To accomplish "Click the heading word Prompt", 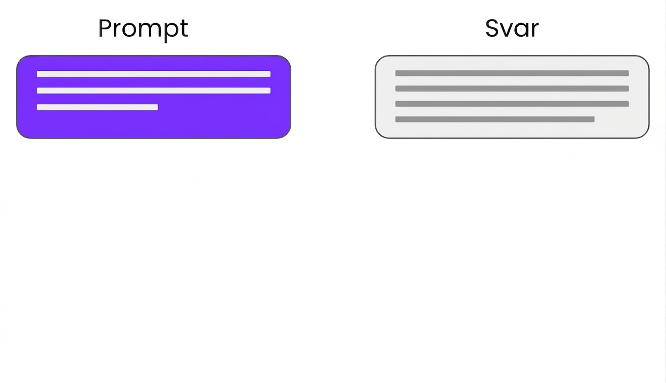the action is pyautogui.click(x=143, y=29).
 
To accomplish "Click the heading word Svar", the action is pyautogui.click(x=512, y=28).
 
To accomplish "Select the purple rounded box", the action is pyautogui.click(x=154, y=97).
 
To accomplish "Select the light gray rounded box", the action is pyautogui.click(x=512, y=97).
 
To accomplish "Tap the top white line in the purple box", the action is pyautogui.click(x=154, y=74).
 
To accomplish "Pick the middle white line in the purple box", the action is pyautogui.click(x=154, y=90).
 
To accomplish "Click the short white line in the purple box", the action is pyautogui.click(x=97, y=107).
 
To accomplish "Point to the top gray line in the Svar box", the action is pyautogui.click(x=512, y=73).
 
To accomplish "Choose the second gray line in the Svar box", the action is pyautogui.click(x=512, y=88).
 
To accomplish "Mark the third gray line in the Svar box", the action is pyautogui.click(x=512, y=104).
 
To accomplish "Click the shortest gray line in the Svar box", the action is pyautogui.click(x=495, y=119).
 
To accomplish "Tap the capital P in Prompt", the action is pyautogui.click(x=106, y=28).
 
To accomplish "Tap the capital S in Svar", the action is pyautogui.click(x=492, y=28).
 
